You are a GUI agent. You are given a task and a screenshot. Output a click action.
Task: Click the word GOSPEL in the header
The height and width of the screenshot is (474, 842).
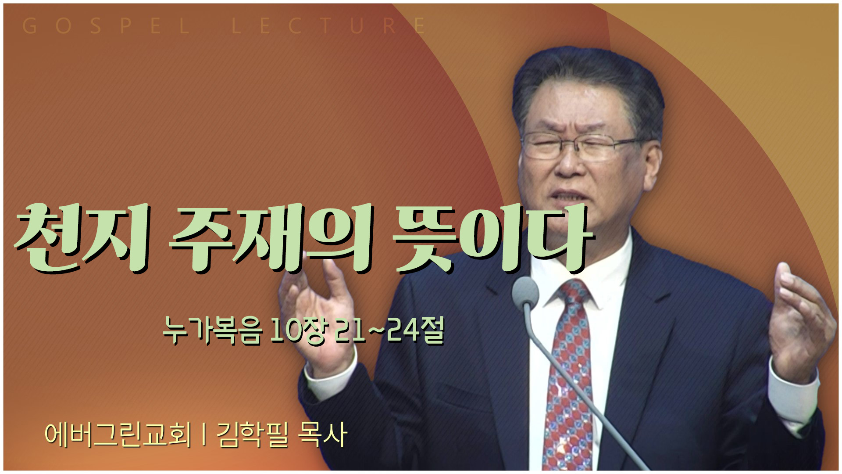click(x=106, y=26)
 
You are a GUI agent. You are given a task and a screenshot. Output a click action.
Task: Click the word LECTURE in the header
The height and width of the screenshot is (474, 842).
click(x=328, y=26)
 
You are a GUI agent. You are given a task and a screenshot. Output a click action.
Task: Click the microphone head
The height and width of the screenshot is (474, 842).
click(x=525, y=291)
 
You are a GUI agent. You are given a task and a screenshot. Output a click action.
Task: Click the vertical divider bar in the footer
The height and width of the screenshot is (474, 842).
click(x=204, y=435)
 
